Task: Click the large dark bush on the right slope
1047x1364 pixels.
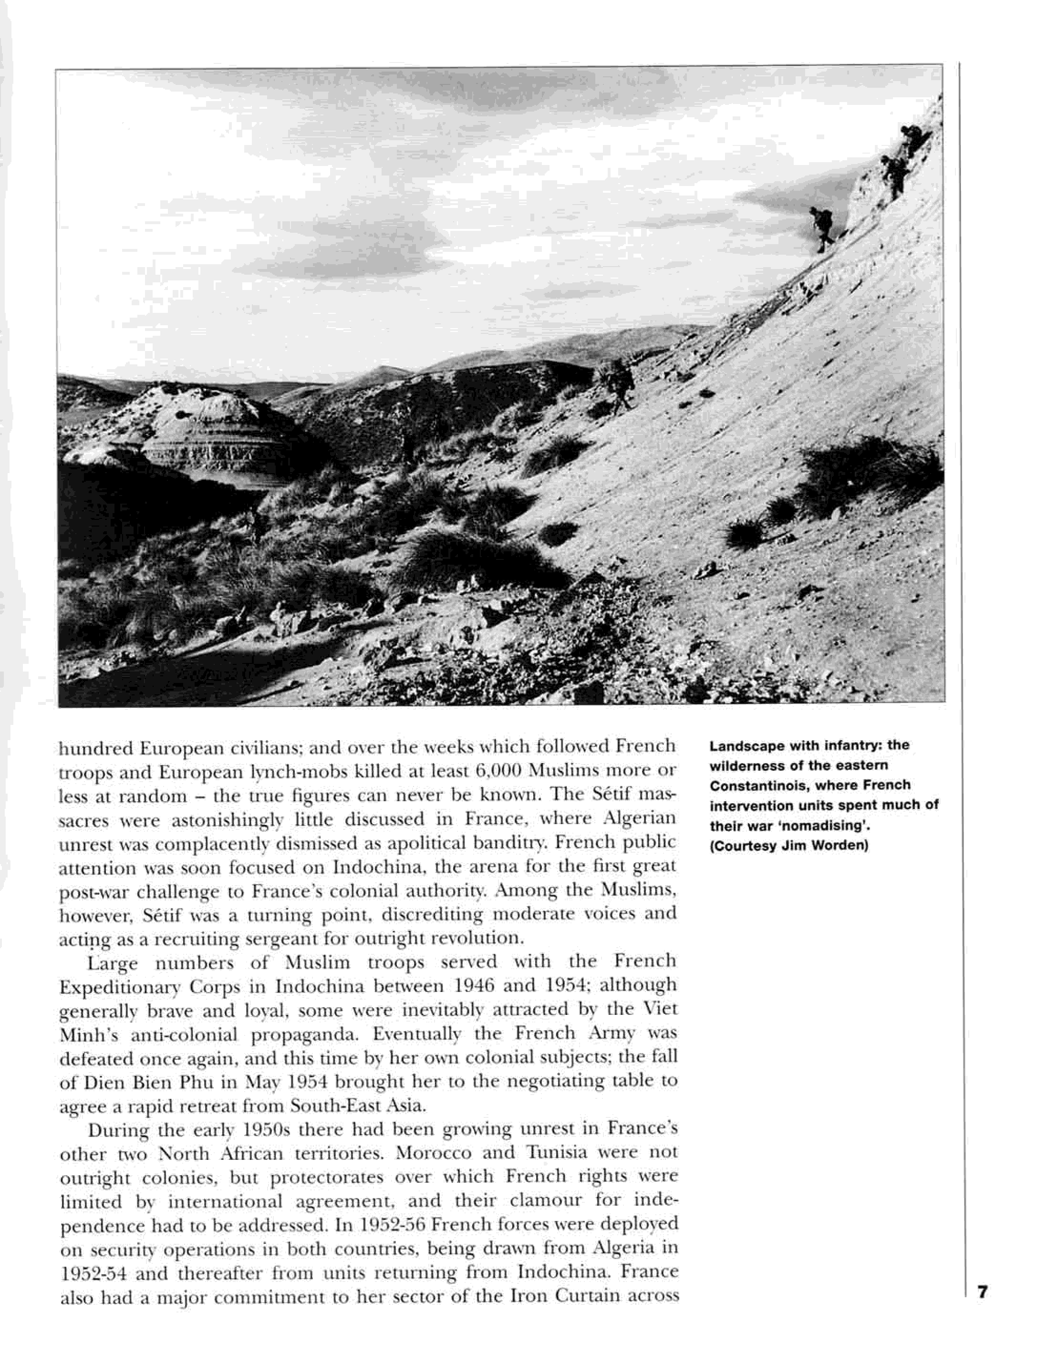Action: tap(870, 474)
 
